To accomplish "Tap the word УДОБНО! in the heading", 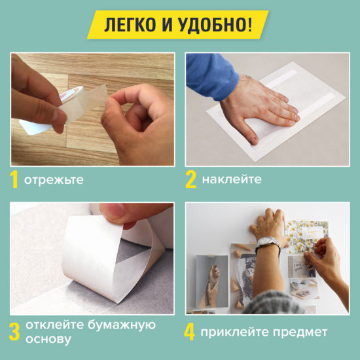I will [213, 24].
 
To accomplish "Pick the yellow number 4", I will [190, 333].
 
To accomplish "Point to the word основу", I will [48, 340].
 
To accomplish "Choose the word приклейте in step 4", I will [234, 333].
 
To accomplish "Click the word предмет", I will [300, 333].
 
